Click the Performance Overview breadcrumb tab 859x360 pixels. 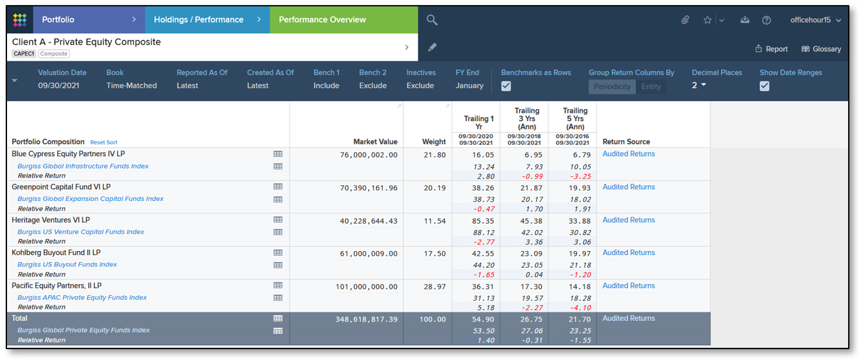[322, 20]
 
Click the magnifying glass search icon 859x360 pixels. [432, 20]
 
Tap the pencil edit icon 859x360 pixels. [432, 47]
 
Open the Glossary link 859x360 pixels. [821, 49]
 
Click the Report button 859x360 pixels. [771, 49]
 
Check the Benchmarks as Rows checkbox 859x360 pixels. [506, 86]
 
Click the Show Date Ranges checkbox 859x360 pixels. [764, 86]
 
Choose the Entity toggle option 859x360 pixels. [651, 86]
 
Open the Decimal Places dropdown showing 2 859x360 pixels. [699, 85]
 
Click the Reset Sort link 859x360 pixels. [104, 142]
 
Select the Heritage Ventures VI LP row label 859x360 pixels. [51, 220]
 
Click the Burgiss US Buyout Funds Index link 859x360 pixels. [67, 265]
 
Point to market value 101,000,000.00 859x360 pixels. [366, 286]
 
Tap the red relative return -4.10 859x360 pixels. [579, 307]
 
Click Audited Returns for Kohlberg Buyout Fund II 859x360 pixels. [628, 253]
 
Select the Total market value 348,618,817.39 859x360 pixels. [366, 319]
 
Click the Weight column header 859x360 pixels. [434, 142]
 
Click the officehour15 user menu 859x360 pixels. [814, 20]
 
